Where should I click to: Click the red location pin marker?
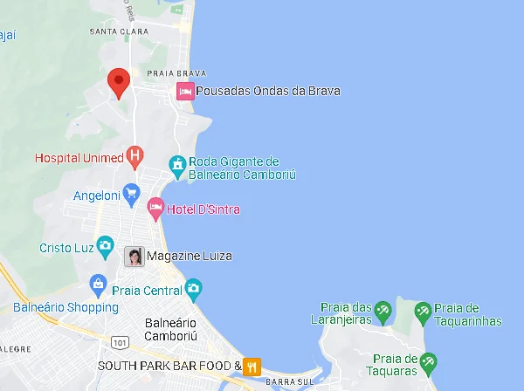tap(119, 82)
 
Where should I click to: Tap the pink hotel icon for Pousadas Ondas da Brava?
tap(185, 91)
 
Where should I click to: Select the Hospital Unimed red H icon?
tap(134, 157)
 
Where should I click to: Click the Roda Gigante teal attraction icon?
tap(177, 164)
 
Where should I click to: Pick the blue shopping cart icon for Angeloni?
tap(131, 193)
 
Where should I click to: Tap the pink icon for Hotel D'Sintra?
tap(155, 209)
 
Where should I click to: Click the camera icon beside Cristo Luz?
tap(105, 245)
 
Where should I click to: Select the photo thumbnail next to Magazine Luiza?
tap(134, 257)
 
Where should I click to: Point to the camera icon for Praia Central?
tap(193, 288)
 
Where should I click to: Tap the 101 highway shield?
tap(121, 341)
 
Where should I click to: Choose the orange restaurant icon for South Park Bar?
tap(252, 367)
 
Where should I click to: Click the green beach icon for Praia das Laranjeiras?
tap(382, 310)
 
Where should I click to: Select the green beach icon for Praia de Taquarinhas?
tap(423, 310)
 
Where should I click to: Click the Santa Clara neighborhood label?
tap(119, 31)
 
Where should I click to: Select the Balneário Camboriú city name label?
tap(171, 329)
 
